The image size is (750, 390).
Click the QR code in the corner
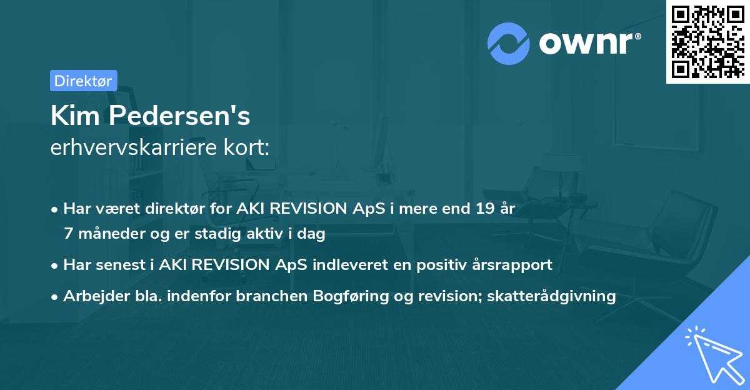tap(707, 42)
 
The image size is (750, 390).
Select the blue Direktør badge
tap(83, 81)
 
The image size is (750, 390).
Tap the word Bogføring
tap(341, 296)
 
